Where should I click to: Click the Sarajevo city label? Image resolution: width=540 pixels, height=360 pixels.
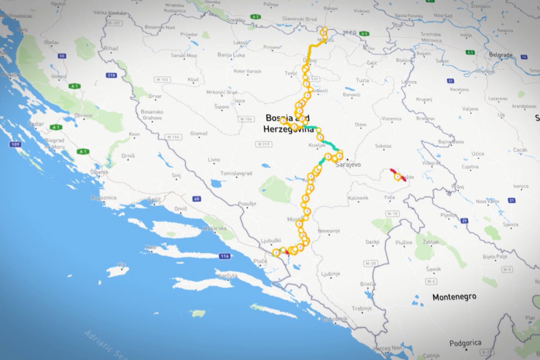tap(348, 165)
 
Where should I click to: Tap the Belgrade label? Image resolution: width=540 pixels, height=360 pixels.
tap(500, 54)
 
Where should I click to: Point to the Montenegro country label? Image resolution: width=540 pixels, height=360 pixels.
tap(454, 297)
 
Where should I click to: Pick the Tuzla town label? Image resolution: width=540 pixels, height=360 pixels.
tap(362, 81)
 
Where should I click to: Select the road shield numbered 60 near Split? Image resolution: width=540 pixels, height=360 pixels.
tap(196, 198)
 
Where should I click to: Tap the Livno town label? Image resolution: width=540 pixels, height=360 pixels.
tap(214, 160)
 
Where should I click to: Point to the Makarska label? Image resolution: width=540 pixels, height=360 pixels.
tap(217, 229)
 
